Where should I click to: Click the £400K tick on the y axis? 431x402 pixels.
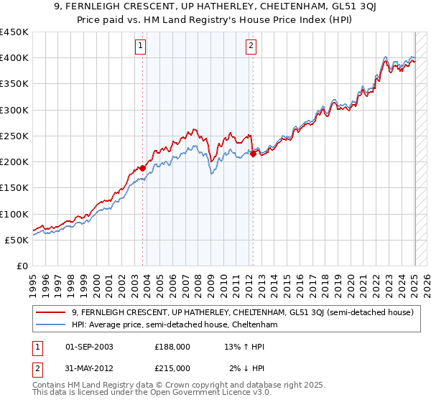point(14,58)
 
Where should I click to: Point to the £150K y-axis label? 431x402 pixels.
point(14,187)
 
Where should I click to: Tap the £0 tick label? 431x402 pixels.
point(23,266)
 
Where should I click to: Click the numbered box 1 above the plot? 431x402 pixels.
point(140,47)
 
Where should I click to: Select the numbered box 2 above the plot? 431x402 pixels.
point(251,47)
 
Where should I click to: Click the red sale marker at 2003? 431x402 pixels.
point(142,168)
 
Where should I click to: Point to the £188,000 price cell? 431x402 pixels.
point(172,346)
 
